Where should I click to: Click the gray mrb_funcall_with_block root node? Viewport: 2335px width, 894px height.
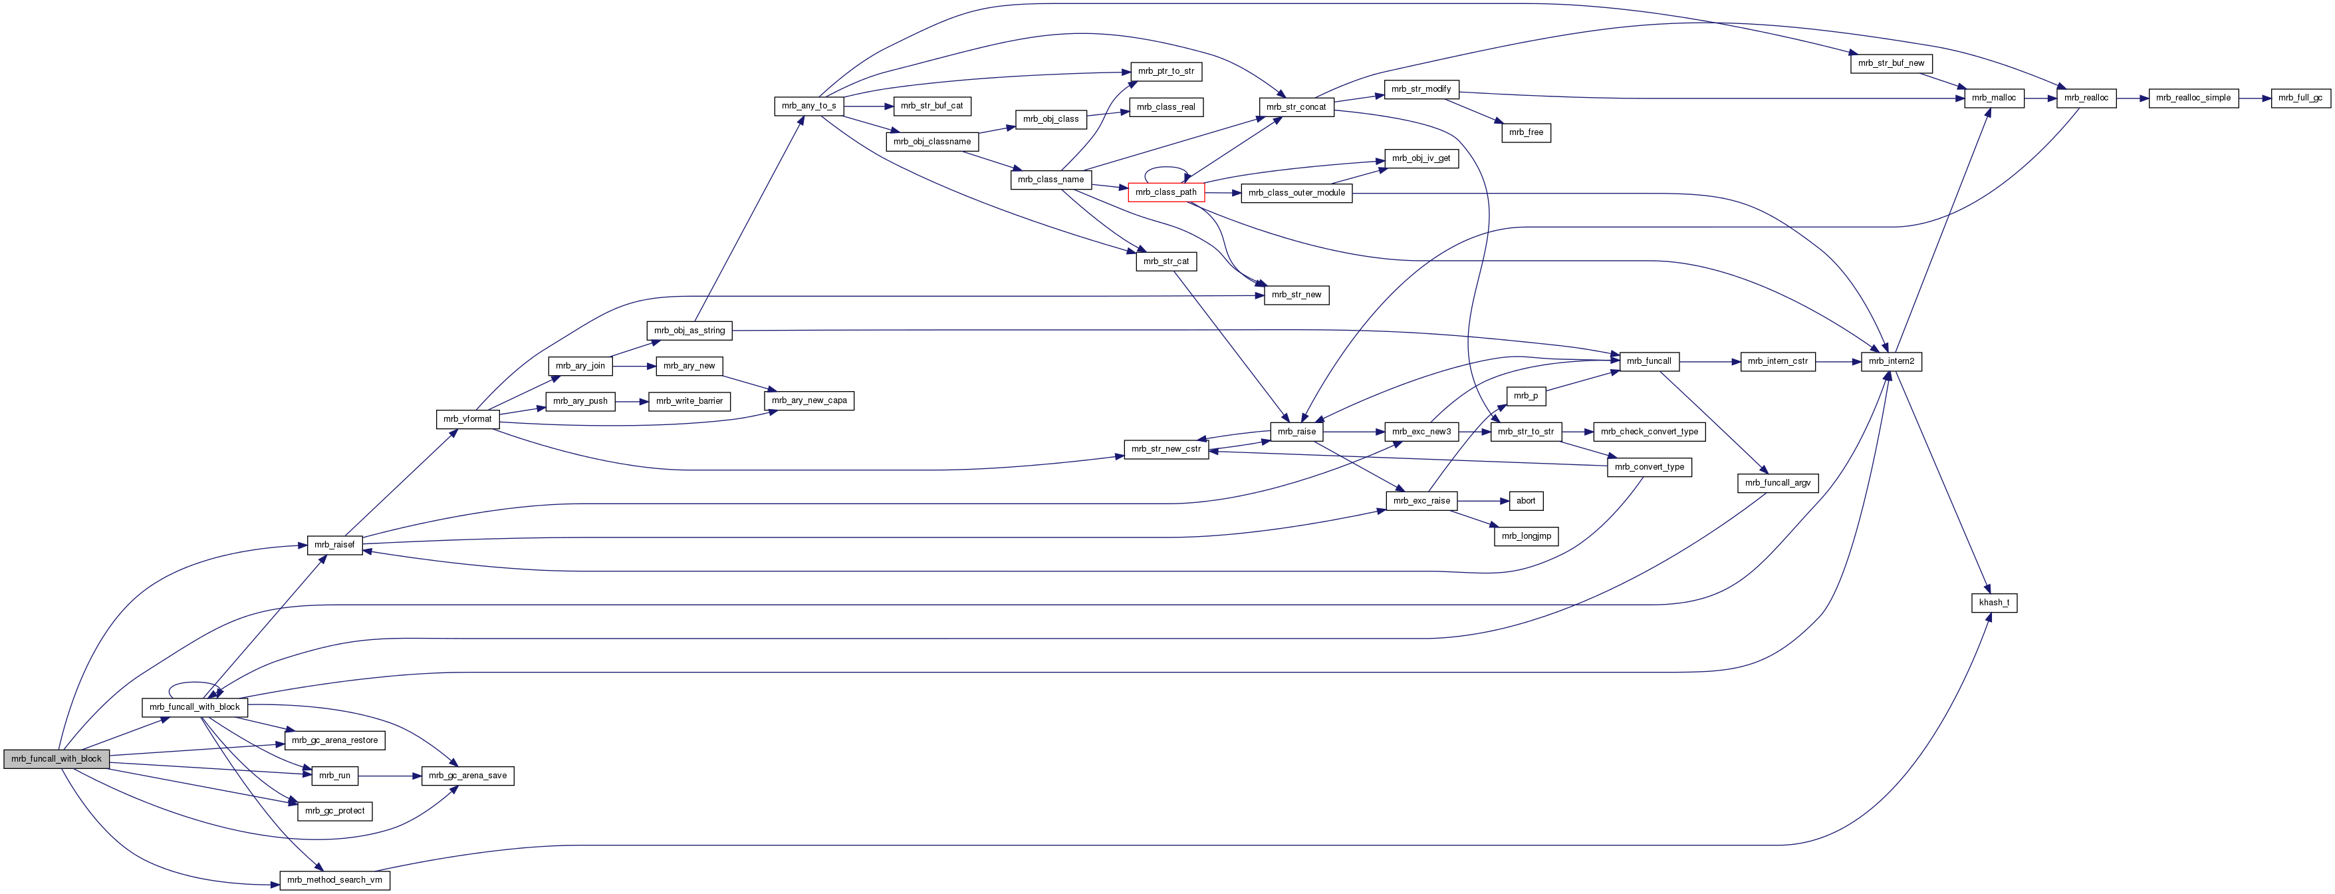click(57, 759)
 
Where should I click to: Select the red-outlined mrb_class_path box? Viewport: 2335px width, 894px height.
click(1166, 192)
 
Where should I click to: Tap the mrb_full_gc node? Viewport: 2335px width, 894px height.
click(2300, 98)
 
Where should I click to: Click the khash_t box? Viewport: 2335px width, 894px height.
click(1994, 603)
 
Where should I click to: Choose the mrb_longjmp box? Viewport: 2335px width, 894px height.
click(1527, 537)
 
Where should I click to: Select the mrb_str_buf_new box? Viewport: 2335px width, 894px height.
click(1891, 63)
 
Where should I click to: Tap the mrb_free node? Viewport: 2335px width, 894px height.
click(1526, 132)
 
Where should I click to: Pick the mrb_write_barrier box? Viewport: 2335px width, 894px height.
click(689, 400)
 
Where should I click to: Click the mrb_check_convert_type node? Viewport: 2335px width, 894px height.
click(1650, 432)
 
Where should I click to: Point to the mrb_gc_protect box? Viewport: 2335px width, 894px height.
click(334, 812)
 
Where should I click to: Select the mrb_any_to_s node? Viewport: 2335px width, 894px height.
click(809, 106)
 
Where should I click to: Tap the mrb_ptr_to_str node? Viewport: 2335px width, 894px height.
click(1166, 71)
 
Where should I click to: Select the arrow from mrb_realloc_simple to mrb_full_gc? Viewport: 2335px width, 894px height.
click(2255, 98)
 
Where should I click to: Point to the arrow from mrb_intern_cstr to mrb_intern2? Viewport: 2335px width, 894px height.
click(1838, 362)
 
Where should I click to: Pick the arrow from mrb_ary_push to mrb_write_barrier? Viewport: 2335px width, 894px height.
click(631, 400)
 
